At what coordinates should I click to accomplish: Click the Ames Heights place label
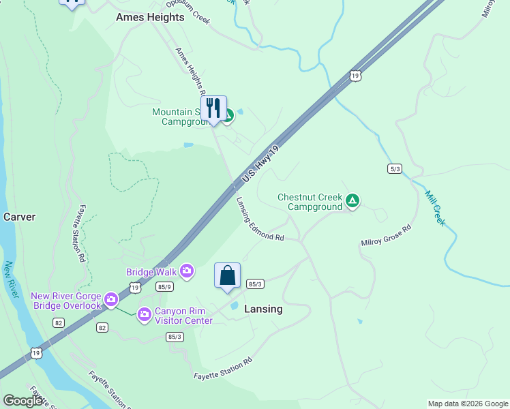150,17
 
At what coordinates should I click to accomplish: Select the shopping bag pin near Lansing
228,276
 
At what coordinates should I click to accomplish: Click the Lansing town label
263,309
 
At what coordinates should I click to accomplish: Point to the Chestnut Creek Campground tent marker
352,200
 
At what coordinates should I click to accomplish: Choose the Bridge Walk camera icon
187,273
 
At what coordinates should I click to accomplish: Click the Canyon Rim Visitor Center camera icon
144,314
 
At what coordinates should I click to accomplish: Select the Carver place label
19,217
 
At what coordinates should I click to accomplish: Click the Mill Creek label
434,208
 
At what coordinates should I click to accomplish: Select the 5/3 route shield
394,168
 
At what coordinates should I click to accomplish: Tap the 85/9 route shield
165,287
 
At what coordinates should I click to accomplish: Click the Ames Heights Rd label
190,72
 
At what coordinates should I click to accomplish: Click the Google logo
22,401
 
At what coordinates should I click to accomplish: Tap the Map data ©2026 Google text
468,404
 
